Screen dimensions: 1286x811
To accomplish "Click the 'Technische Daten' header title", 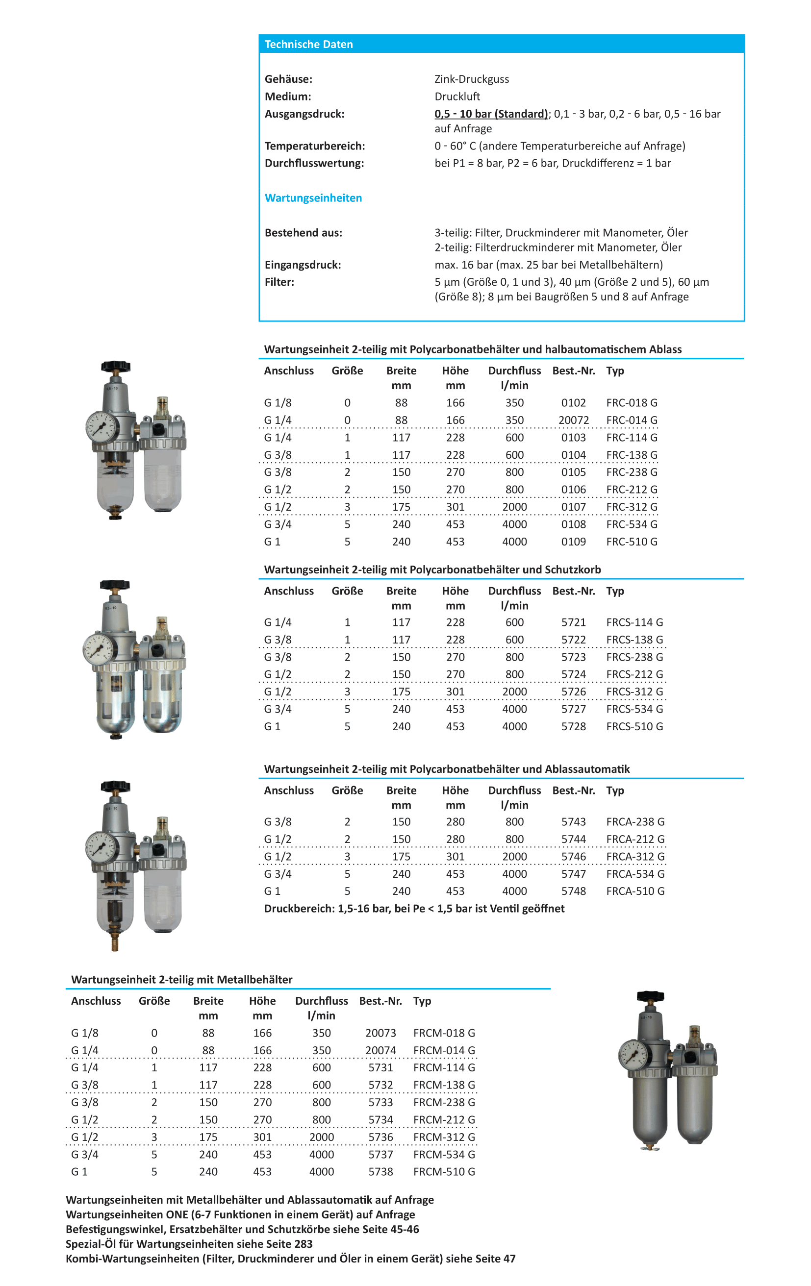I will coord(308,44).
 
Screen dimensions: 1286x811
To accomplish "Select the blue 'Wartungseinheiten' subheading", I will coord(313,198).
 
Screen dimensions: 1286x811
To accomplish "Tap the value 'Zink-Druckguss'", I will coord(471,79).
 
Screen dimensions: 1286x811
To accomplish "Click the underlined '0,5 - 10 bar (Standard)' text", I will coord(490,114).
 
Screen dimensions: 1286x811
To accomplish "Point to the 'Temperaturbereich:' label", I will coord(315,146).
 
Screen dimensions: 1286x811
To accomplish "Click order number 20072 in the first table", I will coord(573,420).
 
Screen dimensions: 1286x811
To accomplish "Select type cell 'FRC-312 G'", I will coord(632,507).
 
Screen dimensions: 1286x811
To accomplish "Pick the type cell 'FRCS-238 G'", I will coord(634,657).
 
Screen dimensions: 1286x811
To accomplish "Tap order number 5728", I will coord(573,726).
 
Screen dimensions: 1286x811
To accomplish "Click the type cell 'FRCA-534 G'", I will coord(634,874).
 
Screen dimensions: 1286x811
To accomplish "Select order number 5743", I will coord(573,822).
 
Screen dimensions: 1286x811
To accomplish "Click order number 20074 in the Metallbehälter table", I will coord(380,1050).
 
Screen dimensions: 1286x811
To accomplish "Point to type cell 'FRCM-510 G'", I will coord(443,1172).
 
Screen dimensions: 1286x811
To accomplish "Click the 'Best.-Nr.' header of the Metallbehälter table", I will coord(380,1001).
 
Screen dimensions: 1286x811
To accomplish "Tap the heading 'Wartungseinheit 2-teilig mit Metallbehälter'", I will coord(181,980).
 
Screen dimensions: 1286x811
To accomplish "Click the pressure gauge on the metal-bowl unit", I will coord(634,1055).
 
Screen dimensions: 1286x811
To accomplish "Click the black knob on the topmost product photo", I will coord(115,367).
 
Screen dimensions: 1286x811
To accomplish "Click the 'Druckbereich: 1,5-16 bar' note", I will coord(413,909).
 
